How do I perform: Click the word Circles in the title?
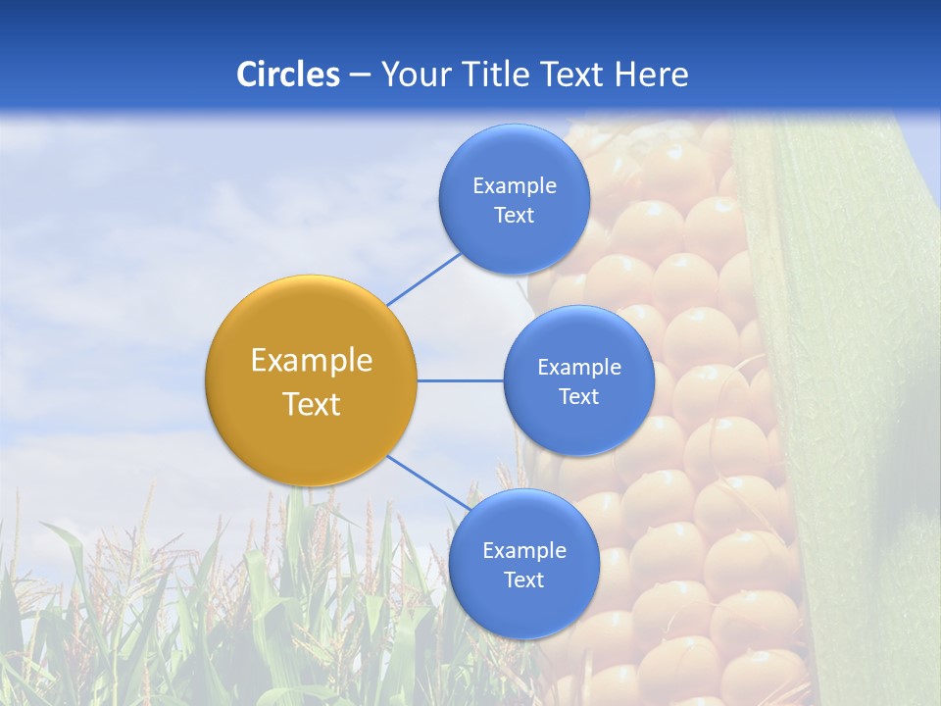pos(288,75)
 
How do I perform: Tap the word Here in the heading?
pos(651,75)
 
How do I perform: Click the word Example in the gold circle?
pos(312,361)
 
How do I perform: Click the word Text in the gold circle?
pos(312,404)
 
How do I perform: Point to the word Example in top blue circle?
pos(514,186)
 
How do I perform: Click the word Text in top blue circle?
pos(514,216)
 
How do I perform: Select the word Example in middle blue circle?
pos(579,368)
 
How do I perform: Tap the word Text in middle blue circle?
pos(579,397)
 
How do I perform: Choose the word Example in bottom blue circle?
pos(523,551)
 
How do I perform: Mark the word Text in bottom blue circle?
pos(523,580)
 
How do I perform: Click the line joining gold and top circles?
pos(423,278)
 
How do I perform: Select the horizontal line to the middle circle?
pos(461,380)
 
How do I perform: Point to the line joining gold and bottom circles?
pos(427,482)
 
